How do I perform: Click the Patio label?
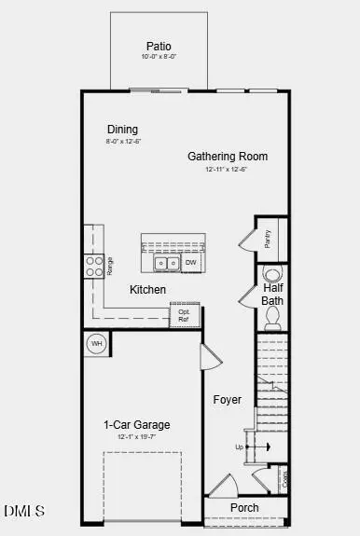pyautogui.click(x=159, y=47)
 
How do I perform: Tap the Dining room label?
pyautogui.click(x=122, y=130)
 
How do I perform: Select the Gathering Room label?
pyautogui.click(x=228, y=157)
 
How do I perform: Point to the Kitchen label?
pyautogui.click(x=147, y=290)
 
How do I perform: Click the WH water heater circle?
pyautogui.click(x=96, y=345)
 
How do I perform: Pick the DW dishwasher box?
pyautogui.click(x=190, y=264)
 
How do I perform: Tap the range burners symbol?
pyautogui.click(x=94, y=267)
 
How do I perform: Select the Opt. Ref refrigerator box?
pyautogui.click(x=185, y=316)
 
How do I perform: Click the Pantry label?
pyautogui.click(x=268, y=239)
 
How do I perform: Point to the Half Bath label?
pyautogui.click(x=272, y=295)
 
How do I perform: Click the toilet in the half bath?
pyautogui.click(x=272, y=275)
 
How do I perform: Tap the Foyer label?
pyautogui.click(x=227, y=400)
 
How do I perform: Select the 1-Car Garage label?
pyautogui.click(x=136, y=425)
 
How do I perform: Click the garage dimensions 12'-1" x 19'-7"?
pyautogui.click(x=136, y=437)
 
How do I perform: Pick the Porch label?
pyautogui.click(x=245, y=507)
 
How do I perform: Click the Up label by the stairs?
pyautogui.click(x=239, y=447)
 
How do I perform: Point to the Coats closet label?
pyautogui.click(x=284, y=479)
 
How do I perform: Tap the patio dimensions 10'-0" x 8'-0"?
pyautogui.click(x=159, y=58)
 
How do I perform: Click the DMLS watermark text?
pyautogui.click(x=24, y=511)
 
